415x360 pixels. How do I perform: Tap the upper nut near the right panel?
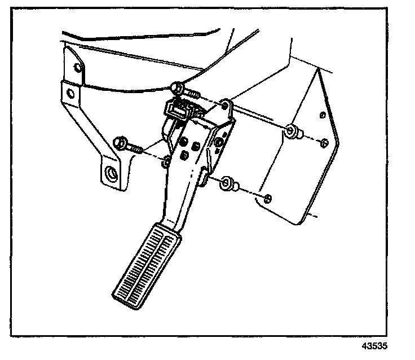(x=293, y=132)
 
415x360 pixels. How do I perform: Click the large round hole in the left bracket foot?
(x=111, y=172)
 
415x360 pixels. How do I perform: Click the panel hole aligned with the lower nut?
(x=268, y=197)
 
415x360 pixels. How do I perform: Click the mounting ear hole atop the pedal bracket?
(x=226, y=105)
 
